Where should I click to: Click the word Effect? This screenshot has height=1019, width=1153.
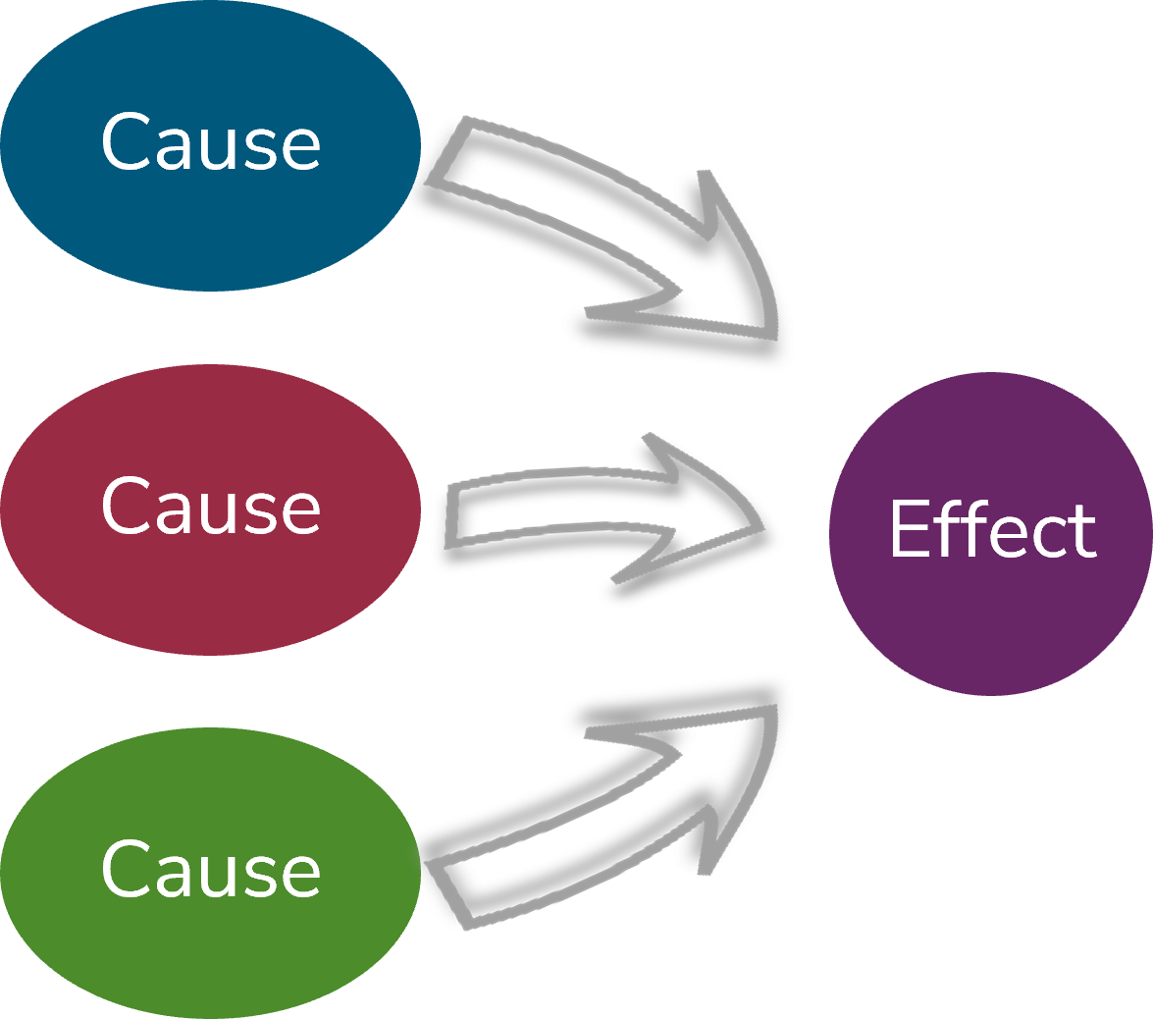[x=992, y=530]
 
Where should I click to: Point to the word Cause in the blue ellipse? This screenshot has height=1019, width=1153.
[x=210, y=143]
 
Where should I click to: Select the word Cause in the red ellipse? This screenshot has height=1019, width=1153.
[x=210, y=507]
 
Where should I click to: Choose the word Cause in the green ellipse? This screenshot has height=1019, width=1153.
[x=210, y=870]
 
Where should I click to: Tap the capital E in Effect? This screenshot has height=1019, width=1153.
[x=908, y=530]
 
